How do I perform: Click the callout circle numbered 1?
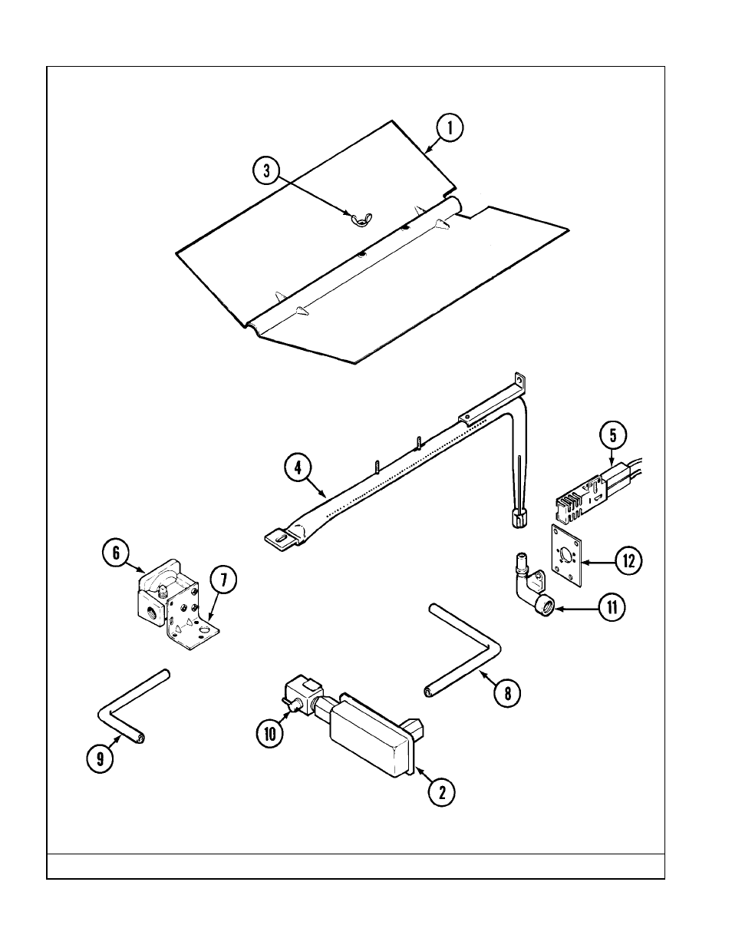(x=450, y=127)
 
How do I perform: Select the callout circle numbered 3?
(x=267, y=171)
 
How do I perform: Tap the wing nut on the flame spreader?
(x=358, y=220)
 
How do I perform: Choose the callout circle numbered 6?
(x=116, y=552)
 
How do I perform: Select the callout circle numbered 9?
(x=99, y=759)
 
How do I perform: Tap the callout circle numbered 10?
(x=270, y=733)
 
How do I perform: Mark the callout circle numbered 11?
(x=612, y=609)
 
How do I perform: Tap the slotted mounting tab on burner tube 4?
(x=279, y=538)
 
